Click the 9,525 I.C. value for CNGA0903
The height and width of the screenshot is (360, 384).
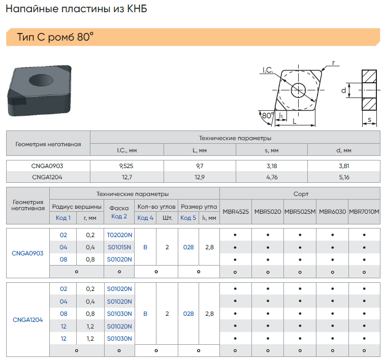tap(126, 166)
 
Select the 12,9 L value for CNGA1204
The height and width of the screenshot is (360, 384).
tap(200, 177)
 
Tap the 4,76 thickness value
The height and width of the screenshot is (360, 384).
tap(272, 177)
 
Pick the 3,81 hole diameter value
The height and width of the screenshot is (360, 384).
tap(344, 166)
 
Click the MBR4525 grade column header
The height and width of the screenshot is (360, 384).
tap(236, 212)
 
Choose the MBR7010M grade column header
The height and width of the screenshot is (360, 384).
tap(364, 212)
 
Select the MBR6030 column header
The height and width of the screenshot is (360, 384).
tap(332, 212)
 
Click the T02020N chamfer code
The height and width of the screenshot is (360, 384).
tap(119, 235)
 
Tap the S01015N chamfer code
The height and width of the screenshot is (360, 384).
tap(119, 247)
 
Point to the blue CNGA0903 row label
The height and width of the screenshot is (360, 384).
tap(27, 253)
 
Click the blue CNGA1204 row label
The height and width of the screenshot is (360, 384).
tap(27, 319)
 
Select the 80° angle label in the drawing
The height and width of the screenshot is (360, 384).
tap(268, 115)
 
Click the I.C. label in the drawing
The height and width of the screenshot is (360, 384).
tap(268, 70)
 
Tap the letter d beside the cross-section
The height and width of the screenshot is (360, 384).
tap(343, 90)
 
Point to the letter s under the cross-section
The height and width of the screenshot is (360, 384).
tap(370, 120)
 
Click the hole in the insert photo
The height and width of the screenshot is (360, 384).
tap(41, 80)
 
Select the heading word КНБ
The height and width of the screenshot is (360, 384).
tap(137, 9)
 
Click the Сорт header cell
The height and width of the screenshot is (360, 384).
tap(301, 194)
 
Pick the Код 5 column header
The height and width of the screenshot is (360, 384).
tap(188, 218)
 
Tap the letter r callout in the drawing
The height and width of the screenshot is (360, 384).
tap(333, 63)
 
